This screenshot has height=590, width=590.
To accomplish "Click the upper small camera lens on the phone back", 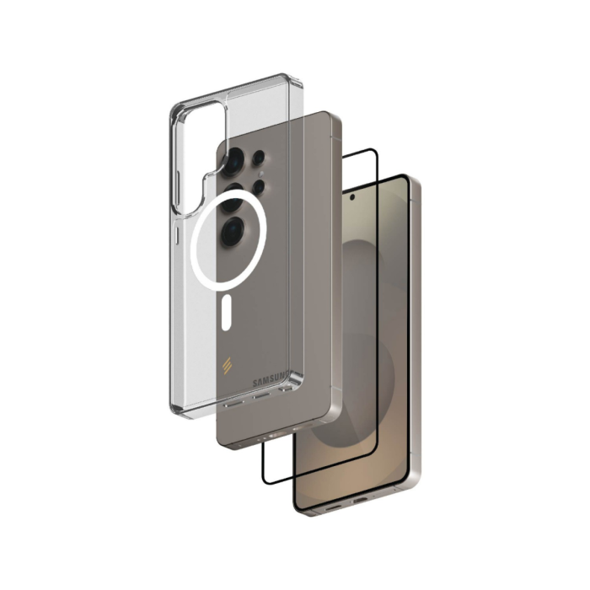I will point(259,158).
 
